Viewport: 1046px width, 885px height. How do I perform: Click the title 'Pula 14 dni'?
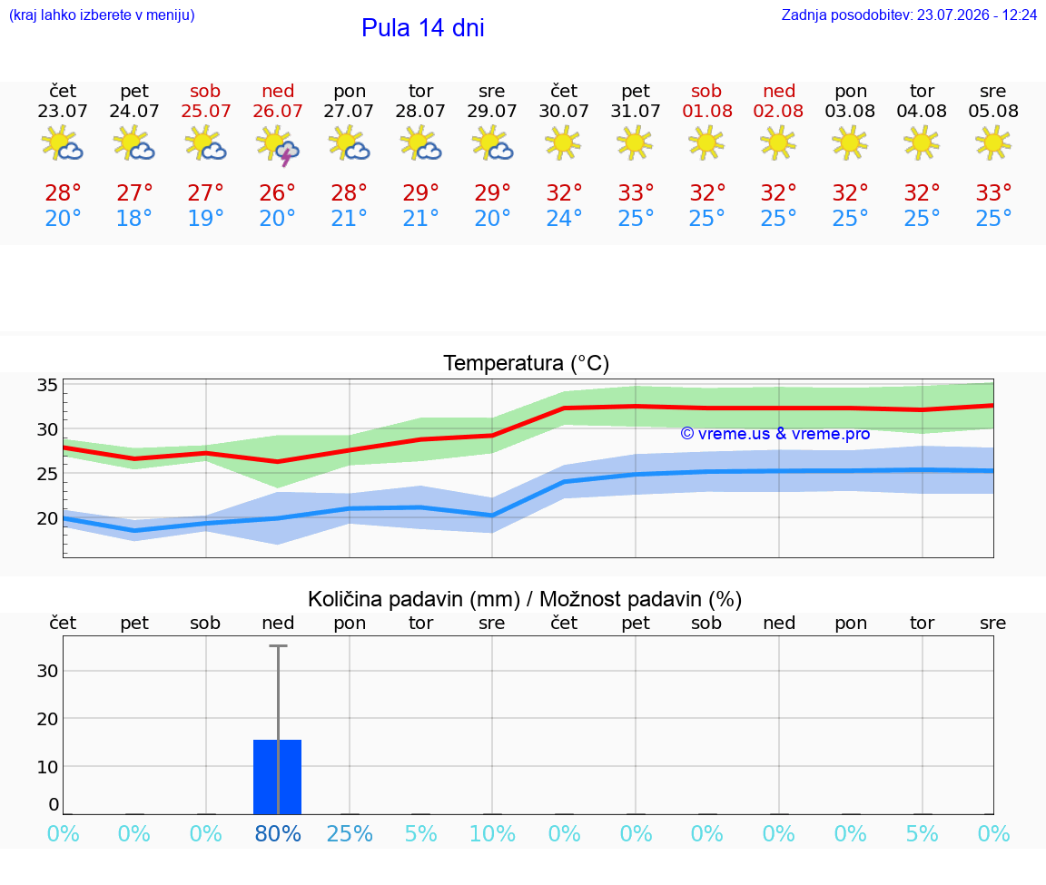point(422,28)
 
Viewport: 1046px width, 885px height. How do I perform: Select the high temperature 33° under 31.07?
point(635,192)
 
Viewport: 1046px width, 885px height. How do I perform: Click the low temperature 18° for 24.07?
point(134,218)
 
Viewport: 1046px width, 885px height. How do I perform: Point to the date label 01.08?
point(707,112)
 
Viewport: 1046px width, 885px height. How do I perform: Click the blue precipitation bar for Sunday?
point(278,777)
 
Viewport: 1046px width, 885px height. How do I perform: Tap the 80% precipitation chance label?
point(278,833)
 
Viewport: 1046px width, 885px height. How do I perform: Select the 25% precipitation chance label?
point(350,833)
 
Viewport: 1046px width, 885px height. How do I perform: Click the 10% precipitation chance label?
point(492,833)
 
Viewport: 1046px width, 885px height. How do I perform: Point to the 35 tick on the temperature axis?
point(47,385)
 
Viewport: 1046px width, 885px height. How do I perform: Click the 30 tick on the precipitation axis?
point(47,671)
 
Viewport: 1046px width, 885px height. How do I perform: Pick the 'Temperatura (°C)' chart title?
point(527,363)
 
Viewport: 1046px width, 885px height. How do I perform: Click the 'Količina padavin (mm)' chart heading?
point(414,599)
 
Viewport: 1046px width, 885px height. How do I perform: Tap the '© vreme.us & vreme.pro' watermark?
point(775,434)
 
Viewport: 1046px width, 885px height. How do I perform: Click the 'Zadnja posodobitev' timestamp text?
point(909,15)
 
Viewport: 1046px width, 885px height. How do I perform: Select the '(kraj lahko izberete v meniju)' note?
point(102,15)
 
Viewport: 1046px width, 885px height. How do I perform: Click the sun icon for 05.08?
point(993,143)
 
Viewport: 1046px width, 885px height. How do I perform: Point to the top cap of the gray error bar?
point(278,645)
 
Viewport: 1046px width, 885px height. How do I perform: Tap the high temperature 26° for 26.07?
point(278,192)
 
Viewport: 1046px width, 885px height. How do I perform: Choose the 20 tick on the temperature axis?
point(47,518)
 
